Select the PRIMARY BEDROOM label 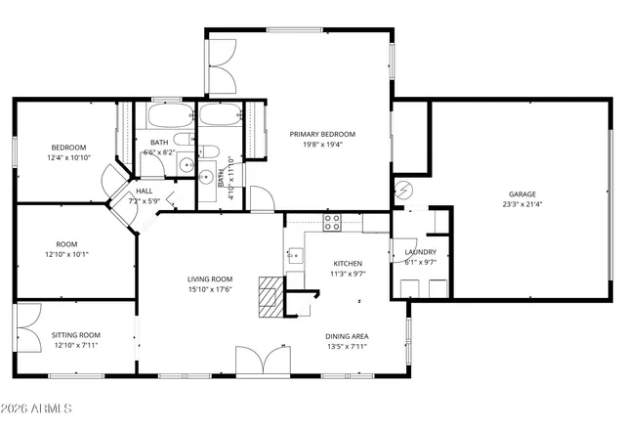click(321, 134)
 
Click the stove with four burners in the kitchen click(332, 222)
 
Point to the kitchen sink click(292, 257)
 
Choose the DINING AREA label click(347, 335)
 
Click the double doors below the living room click(262, 361)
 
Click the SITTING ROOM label click(75, 334)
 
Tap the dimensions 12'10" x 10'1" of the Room click(67, 254)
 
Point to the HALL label click(144, 191)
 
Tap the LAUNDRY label click(420, 252)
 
